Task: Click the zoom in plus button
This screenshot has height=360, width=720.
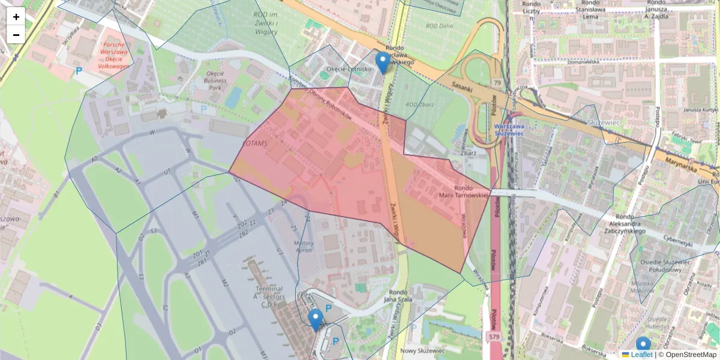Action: coord(16,16)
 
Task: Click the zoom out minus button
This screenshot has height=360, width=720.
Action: coord(16,35)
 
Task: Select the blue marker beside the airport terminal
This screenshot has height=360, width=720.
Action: coord(316,320)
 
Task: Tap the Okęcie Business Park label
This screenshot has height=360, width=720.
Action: coord(215,80)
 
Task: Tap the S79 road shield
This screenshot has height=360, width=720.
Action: coord(493,338)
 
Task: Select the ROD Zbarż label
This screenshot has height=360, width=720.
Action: coord(419,104)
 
